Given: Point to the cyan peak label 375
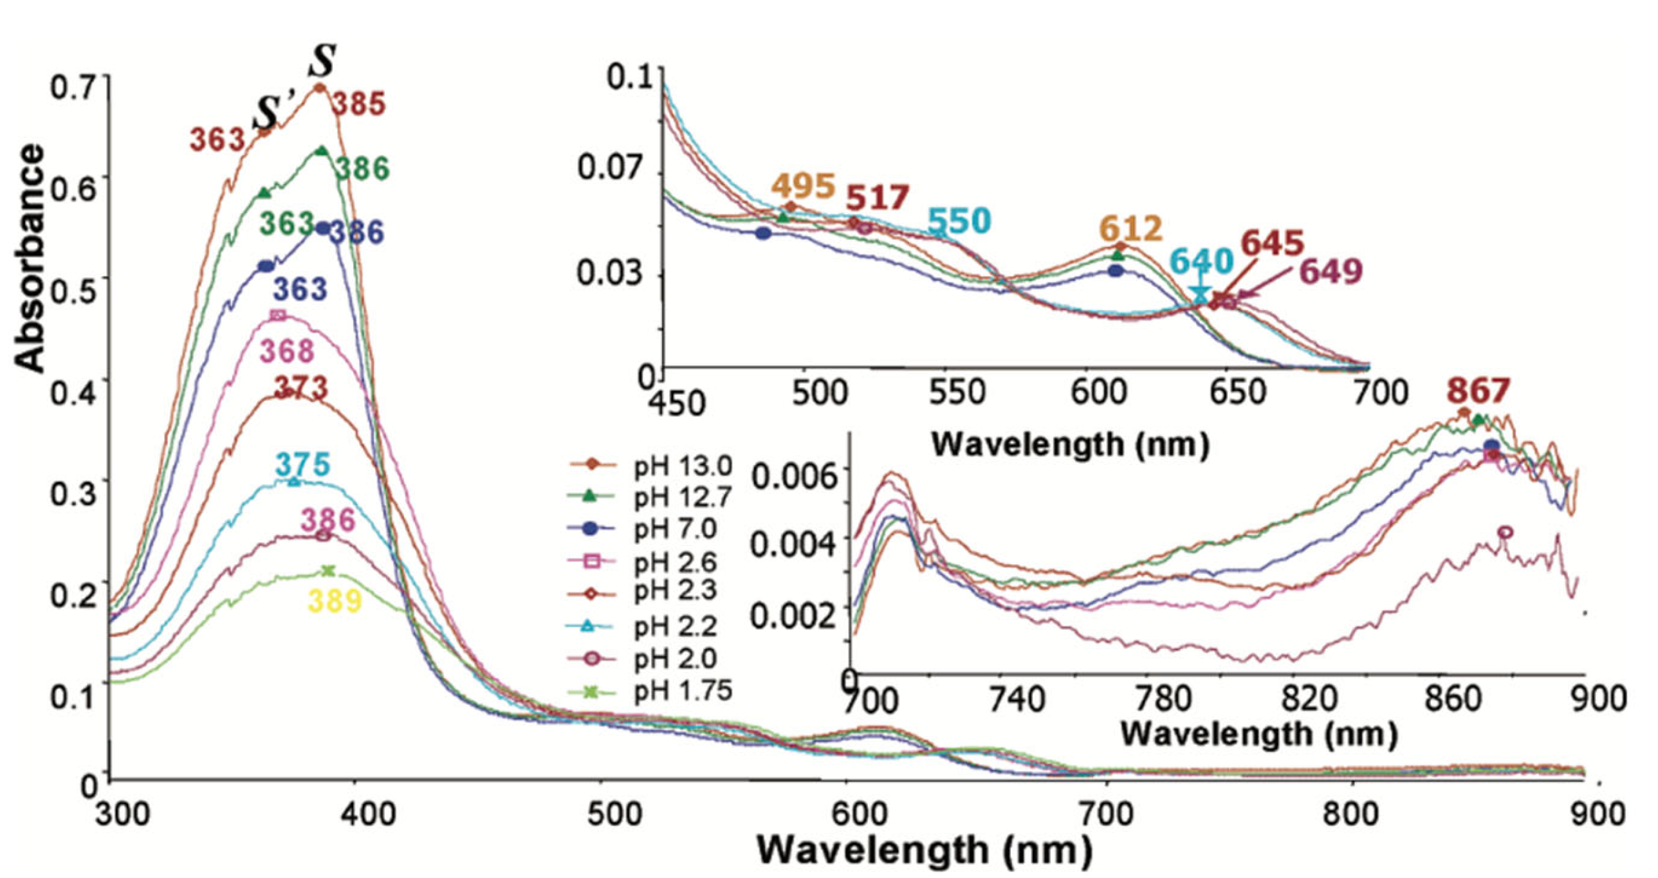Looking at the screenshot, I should pos(303,464).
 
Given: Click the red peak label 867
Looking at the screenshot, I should pos(1479,390).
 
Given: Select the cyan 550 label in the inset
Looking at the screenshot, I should pos(959,221).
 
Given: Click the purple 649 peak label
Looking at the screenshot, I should pos(1331,271).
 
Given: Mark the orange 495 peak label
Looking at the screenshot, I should pos(803,187).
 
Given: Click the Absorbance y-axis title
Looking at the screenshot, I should pos(30,257).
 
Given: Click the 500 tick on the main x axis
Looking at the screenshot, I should pos(601,815).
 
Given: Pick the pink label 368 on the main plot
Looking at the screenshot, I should pos(286,351).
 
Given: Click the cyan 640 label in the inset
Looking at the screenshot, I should pos(1201,261).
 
